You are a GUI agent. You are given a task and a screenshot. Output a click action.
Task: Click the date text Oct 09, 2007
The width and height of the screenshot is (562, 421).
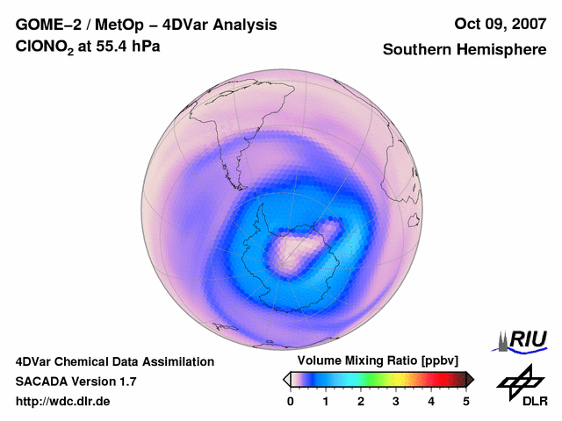coord(500,25)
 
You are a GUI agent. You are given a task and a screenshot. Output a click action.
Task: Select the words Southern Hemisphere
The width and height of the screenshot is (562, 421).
coord(465,50)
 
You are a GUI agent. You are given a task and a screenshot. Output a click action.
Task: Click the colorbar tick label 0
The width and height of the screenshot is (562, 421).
coord(291,401)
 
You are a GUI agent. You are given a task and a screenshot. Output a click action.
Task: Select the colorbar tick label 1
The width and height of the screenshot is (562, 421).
coord(326,401)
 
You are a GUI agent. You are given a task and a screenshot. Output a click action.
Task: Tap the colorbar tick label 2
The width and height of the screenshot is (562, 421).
coord(361,401)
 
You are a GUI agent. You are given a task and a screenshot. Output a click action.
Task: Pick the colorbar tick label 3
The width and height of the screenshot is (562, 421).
coord(396,401)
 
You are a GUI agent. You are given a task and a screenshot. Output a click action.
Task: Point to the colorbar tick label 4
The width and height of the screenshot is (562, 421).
coord(431,401)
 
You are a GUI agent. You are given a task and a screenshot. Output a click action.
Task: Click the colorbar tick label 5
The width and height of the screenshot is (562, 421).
coord(466,401)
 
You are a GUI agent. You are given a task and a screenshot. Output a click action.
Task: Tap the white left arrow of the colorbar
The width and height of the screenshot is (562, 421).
coord(286,379)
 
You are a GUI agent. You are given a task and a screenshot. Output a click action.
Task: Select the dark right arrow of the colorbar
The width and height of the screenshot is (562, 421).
coord(470,379)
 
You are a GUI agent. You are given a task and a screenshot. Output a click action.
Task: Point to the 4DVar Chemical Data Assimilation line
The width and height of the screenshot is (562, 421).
coord(114,361)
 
